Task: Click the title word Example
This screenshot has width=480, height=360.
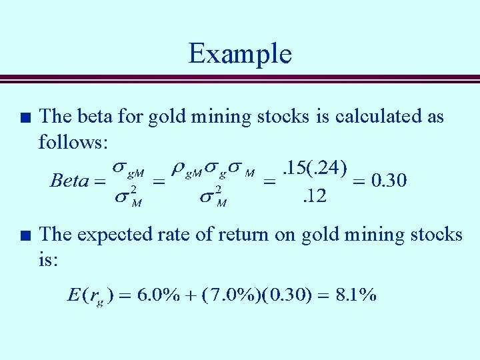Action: (x=240, y=53)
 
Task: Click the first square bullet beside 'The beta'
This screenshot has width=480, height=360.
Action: (x=25, y=117)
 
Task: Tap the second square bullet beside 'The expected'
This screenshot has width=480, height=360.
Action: (x=25, y=235)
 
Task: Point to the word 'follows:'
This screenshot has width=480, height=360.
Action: (x=77, y=141)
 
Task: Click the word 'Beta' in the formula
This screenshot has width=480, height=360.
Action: (x=69, y=181)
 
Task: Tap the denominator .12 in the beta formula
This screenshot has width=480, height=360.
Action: (x=314, y=197)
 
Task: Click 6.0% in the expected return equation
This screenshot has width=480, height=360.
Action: (x=157, y=295)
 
